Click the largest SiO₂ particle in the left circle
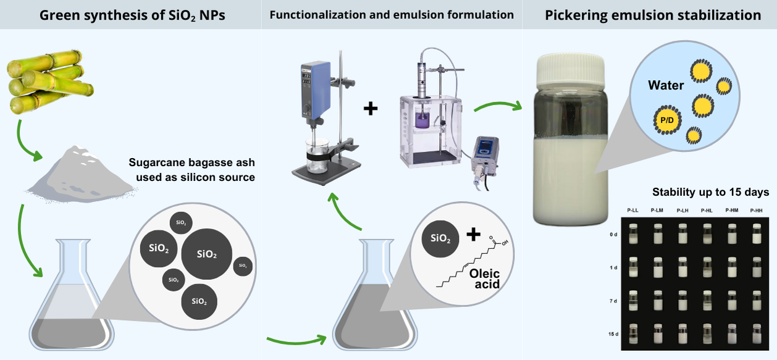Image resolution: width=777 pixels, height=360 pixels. pos(207,254)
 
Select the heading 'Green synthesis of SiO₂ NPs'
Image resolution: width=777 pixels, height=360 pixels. pos(132,15)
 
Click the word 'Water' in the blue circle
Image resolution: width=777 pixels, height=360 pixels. pos(665,85)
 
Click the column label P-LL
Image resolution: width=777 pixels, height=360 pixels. pos(632,211)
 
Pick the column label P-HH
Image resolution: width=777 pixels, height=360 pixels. pos(757,211)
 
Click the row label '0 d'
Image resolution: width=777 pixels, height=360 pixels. pos(613,235)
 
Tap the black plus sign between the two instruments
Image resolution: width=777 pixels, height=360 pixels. pos(371,109)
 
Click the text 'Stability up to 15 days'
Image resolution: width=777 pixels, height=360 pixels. pos(710,192)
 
